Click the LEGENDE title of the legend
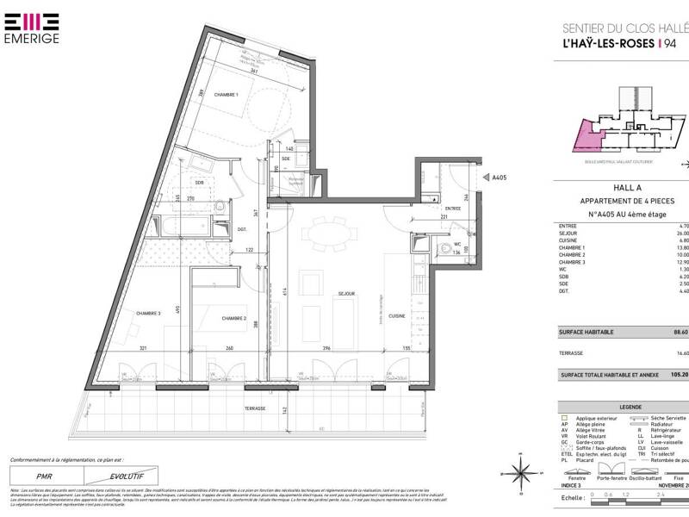pos(625,407)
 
